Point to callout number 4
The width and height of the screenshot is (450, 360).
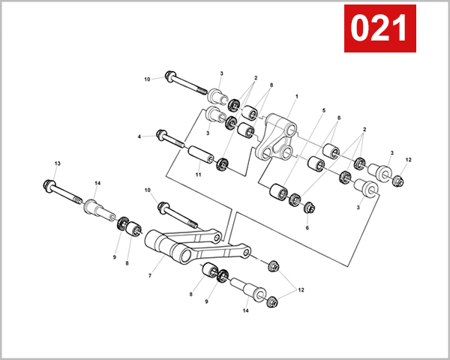[x=139, y=136]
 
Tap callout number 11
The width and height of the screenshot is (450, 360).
[x=198, y=175]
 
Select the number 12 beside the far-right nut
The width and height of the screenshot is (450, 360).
[x=409, y=160]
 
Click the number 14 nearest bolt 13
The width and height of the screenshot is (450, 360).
[x=97, y=183]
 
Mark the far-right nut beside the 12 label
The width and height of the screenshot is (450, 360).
[x=398, y=180]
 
